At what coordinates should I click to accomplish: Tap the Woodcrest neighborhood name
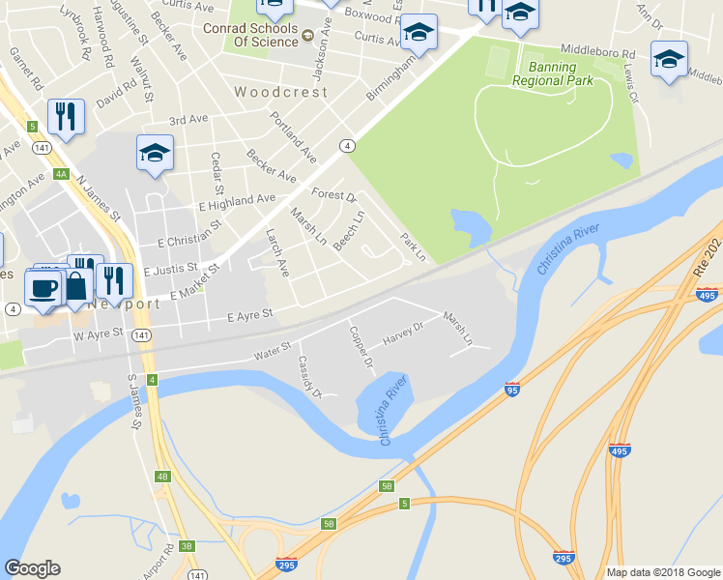click(x=281, y=93)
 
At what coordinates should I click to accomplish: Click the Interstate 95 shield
click(x=512, y=390)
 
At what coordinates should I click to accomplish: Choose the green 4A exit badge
click(x=61, y=174)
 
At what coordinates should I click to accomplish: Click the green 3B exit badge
click(x=186, y=545)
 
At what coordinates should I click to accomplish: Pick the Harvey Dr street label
click(x=404, y=333)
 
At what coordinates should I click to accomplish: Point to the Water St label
click(x=273, y=349)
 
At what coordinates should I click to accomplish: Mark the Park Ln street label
click(x=413, y=246)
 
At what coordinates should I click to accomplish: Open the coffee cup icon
click(x=42, y=287)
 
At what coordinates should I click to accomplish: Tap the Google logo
click(x=32, y=568)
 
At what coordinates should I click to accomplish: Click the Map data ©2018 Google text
click(x=663, y=572)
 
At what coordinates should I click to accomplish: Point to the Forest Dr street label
click(x=334, y=194)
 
